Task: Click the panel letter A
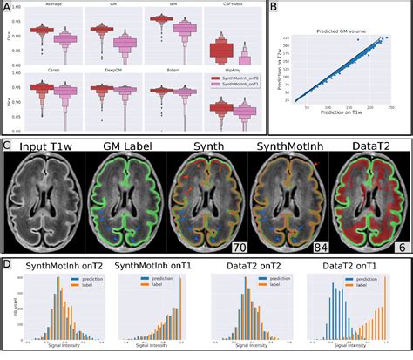pyautogui.click(x=7, y=9)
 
